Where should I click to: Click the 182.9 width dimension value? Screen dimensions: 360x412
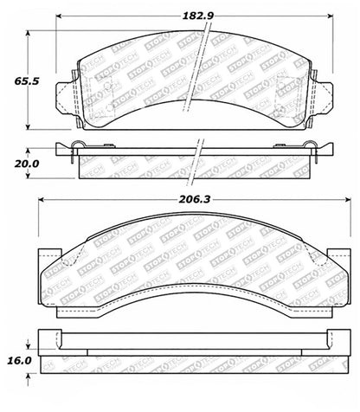tap(198, 16)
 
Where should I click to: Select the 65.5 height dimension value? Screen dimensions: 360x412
tap(27, 81)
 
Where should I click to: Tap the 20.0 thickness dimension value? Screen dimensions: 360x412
tap(27, 164)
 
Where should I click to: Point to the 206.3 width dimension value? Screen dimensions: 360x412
tap(195, 199)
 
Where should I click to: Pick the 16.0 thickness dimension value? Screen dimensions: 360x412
tap(18, 360)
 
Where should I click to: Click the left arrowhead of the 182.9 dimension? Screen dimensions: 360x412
tap(59, 16)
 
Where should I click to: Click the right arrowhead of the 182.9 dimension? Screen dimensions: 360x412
tap(330, 16)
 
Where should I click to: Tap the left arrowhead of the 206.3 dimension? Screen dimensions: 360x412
tap(42, 200)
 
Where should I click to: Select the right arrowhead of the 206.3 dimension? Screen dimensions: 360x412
tap(348, 200)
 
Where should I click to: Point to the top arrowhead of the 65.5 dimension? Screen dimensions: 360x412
tap(28, 34)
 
